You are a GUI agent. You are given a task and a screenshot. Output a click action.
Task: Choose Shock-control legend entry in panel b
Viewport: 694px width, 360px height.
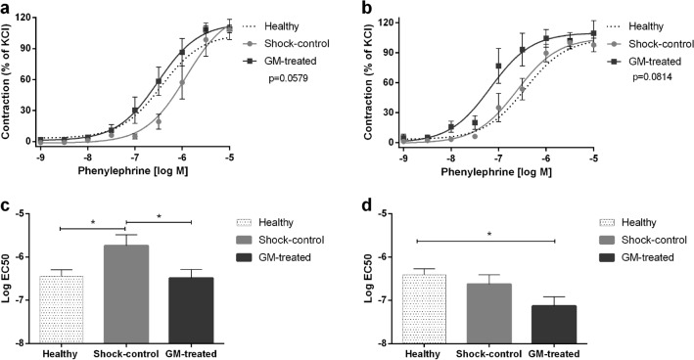[651, 44]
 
